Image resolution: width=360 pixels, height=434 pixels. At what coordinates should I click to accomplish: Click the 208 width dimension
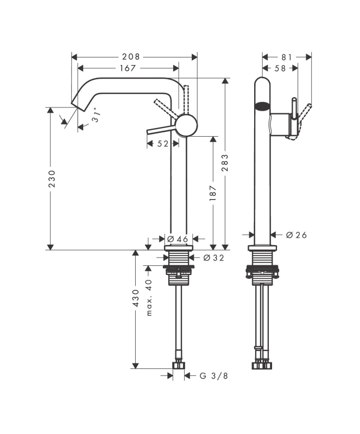[x=131, y=57]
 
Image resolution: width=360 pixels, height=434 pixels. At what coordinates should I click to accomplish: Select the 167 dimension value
[x=128, y=68]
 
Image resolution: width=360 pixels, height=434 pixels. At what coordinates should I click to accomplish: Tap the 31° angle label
[x=96, y=115]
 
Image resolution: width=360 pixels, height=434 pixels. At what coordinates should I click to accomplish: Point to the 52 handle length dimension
[x=163, y=144]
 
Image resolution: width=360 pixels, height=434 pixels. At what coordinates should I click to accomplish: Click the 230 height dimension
[x=52, y=179]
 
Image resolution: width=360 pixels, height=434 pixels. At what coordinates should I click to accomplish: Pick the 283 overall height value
[x=225, y=163]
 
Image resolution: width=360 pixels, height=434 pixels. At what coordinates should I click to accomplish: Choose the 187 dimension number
[x=212, y=193]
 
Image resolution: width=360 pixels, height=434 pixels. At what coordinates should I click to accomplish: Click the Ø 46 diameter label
[x=178, y=239]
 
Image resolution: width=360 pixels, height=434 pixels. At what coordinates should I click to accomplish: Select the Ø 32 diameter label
[x=213, y=258]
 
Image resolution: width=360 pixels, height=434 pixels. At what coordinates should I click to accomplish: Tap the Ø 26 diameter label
[x=296, y=235]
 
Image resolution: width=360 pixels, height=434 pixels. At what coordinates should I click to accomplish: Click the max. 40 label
[x=149, y=297]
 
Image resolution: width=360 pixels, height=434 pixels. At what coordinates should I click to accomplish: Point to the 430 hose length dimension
[x=136, y=298]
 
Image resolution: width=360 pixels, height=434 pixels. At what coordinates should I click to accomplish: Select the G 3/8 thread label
[x=214, y=375]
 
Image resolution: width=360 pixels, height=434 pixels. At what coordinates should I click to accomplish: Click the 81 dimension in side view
[x=287, y=57]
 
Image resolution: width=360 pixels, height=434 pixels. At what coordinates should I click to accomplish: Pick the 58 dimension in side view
[x=280, y=68]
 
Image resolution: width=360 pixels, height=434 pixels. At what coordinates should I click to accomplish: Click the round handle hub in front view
[x=187, y=125]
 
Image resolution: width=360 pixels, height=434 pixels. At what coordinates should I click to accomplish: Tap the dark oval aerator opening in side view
[x=262, y=106]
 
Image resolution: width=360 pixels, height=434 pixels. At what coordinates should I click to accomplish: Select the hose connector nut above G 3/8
[x=179, y=365]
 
